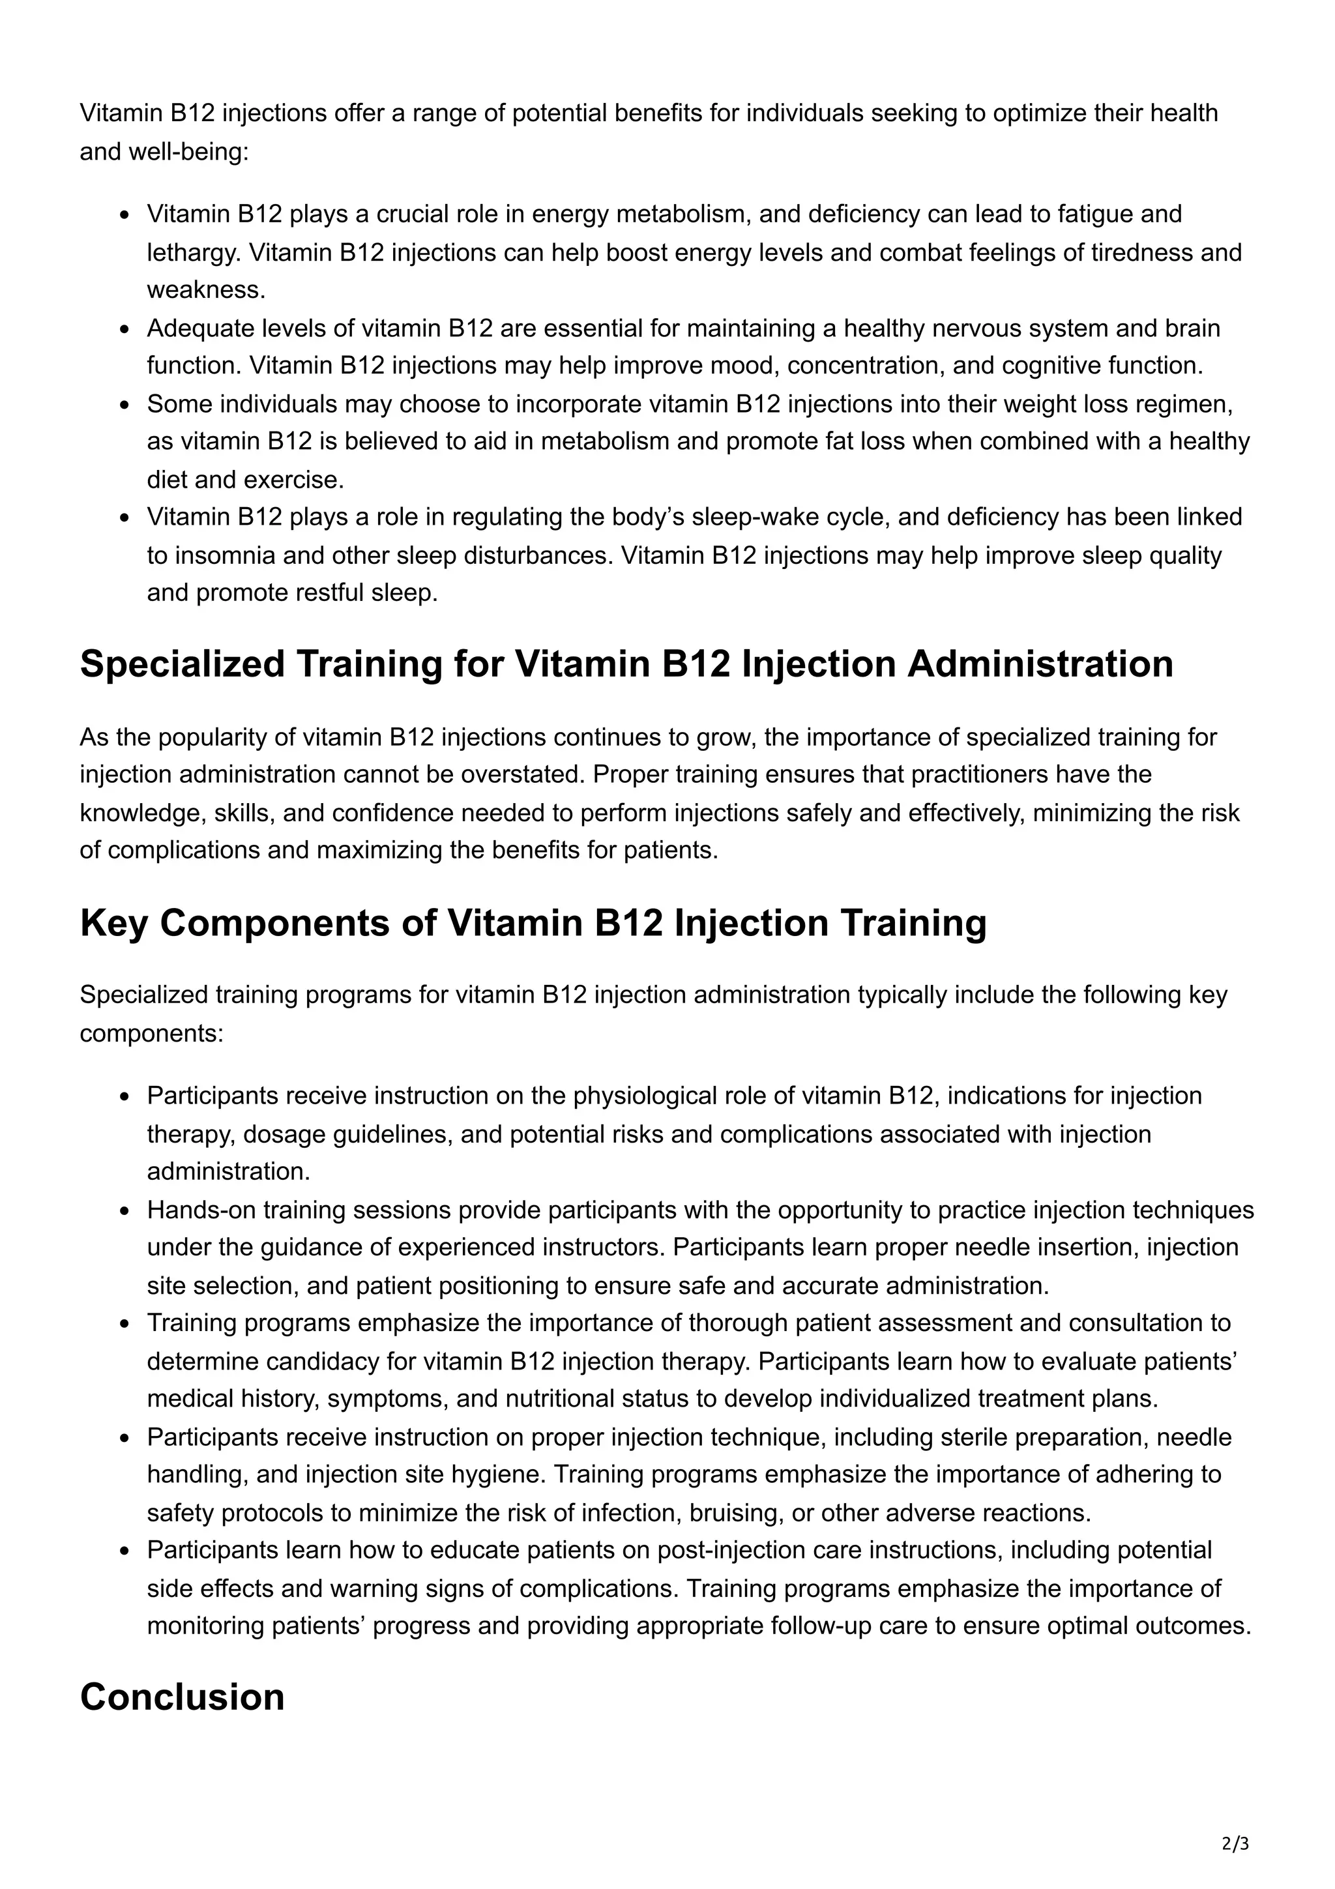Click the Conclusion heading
(182, 1697)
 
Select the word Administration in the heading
(1040, 665)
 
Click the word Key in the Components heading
(113, 923)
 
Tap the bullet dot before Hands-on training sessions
(125, 1211)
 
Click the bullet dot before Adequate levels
(125, 329)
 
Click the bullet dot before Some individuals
(125, 405)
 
